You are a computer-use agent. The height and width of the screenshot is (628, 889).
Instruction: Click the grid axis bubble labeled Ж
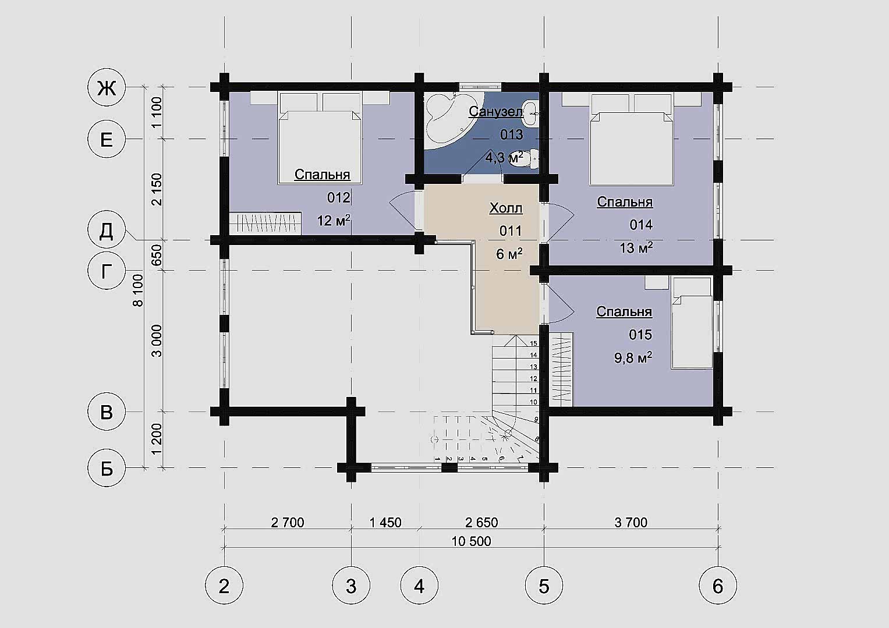pyautogui.click(x=107, y=87)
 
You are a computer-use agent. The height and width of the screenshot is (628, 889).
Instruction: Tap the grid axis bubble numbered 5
pyautogui.click(x=544, y=585)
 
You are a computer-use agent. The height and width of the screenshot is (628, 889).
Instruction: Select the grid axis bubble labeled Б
pyautogui.click(x=107, y=468)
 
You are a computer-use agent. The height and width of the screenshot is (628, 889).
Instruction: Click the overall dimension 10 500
pyautogui.click(x=471, y=541)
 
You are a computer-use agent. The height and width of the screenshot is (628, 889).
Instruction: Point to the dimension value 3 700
pyautogui.click(x=631, y=522)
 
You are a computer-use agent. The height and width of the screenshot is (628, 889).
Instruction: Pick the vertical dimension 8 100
pyautogui.click(x=138, y=290)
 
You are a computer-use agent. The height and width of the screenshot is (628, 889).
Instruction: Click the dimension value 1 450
pyautogui.click(x=385, y=522)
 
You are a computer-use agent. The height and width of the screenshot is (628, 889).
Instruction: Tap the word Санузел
pyautogui.click(x=495, y=112)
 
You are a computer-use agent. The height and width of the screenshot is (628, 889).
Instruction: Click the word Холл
pyautogui.click(x=506, y=208)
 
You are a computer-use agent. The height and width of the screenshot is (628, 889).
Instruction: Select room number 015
pyautogui.click(x=640, y=335)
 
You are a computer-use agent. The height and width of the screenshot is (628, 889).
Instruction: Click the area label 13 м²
pyautogui.click(x=636, y=247)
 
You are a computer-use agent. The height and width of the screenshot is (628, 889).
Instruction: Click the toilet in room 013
pyautogui.click(x=524, y=158)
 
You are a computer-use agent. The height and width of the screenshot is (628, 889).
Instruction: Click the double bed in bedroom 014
pyautogui.click(x=632, y=139)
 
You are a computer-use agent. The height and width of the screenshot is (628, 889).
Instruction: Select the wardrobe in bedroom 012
pyautogui.click(x=265, y=223)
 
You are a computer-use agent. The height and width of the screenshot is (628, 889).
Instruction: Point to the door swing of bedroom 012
pyautogui.click(x=403, y=210)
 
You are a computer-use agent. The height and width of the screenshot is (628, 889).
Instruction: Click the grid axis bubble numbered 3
pyautogui.click(x=351, y=585)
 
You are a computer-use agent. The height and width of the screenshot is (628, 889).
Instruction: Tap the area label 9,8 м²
pyautogui.click(x=633, y=357)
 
